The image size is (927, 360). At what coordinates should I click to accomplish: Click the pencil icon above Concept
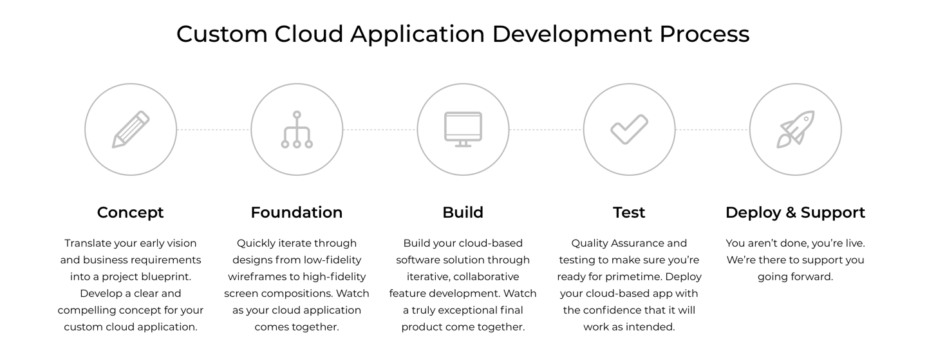(x=131, y=129)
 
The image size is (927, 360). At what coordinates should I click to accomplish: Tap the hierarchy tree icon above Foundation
(x=297, y=129)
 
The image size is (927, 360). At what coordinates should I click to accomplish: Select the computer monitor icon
(x=463, y=129)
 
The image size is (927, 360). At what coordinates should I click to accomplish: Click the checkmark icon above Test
(x=629, y=129)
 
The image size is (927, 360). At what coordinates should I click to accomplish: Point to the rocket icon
(x=796, y=129)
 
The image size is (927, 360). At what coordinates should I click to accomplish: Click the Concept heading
(x=131, y=213)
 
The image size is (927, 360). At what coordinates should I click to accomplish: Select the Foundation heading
(x=297, y=213)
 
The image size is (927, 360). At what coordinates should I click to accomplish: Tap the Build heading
(x=463, y=213)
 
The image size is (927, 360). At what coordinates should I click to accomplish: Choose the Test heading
(x=629, y=213)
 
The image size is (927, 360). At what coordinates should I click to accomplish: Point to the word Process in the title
(x=704, y=33)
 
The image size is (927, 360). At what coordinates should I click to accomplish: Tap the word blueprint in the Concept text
(x=167, y=276)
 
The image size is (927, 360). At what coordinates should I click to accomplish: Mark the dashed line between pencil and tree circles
(x=214, y=130)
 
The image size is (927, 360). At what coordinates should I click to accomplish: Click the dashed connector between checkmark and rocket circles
(x=712, y=130)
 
